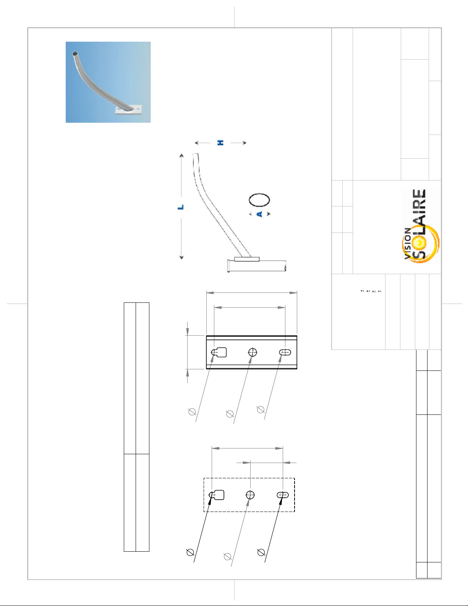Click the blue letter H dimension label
pos(220,143)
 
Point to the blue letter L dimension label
pos(181,207)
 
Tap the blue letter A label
pos(260,214)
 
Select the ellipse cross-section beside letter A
pos(259,200)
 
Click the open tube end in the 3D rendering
pos(74,54)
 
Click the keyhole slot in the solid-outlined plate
pos(219,352)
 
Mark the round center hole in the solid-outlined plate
pos(253,353)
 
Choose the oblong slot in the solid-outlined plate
pos(285,353)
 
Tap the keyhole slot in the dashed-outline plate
pos(217,495)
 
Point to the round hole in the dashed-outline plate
pos(250,495)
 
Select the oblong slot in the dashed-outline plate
pos(283,495)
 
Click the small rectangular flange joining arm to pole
pos(247,259)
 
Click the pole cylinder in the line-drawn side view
pos(257,266)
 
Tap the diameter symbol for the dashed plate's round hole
pos(228,557)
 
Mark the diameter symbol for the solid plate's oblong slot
pos(261,409)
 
